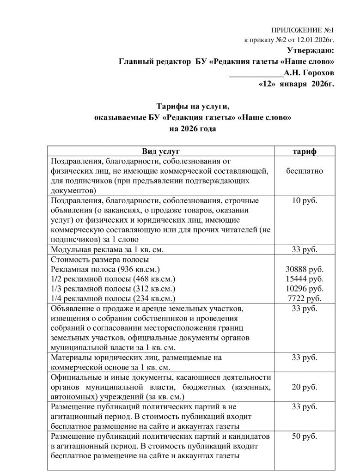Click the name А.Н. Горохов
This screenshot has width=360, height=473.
(x=308, y=73)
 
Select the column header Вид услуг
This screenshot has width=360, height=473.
(x=160, y=151)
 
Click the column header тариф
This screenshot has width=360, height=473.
(x=305, y=151)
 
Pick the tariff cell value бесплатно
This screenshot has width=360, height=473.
(x=305, y=171)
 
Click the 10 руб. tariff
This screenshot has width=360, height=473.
(x=305, y=201)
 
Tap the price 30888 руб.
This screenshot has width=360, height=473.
(x=305, y=269)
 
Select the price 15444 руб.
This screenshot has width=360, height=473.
(x=305, y=279)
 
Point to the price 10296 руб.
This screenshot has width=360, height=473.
(x=305, y=289)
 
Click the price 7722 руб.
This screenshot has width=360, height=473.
(x=305, y=298)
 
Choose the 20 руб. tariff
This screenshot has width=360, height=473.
(x=305, y=387)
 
